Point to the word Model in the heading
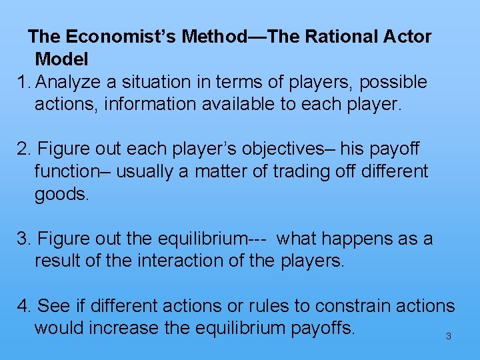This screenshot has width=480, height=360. click(61, 59)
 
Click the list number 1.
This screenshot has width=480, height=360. click(24, 83)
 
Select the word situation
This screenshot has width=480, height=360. click(152, 83)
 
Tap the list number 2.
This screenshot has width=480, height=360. click(24, 149)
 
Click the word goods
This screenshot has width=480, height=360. click(61, 194)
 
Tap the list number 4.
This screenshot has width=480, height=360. click(25, 306)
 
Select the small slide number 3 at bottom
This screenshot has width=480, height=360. click(448, 337)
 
